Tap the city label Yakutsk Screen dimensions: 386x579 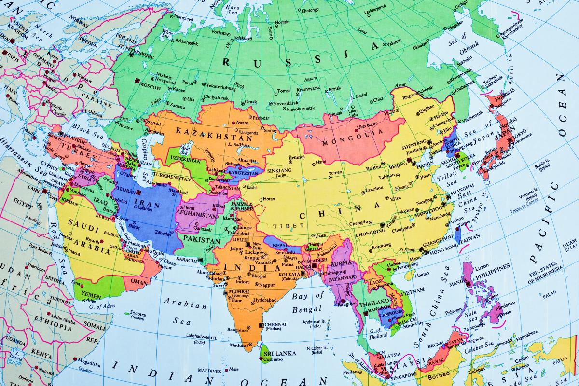394,43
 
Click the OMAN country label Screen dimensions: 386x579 139,282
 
